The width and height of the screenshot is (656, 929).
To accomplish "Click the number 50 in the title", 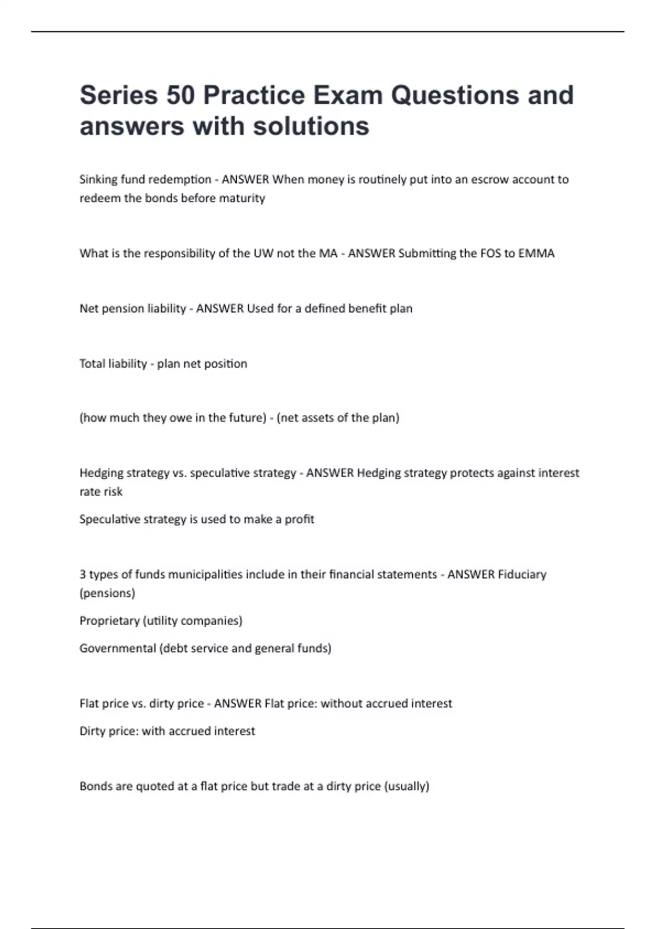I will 181,95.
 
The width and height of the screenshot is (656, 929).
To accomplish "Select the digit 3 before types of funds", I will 83,574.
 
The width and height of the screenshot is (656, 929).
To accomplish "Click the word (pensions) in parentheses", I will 107,593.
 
